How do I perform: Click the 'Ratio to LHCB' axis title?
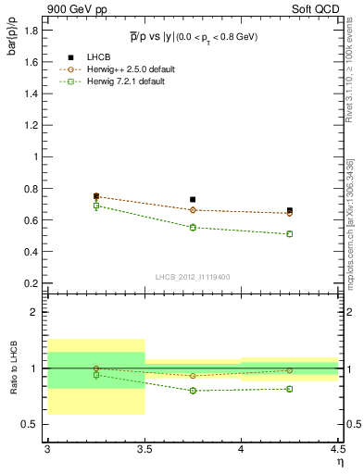click(x=12, y=368)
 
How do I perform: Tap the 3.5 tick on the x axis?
click(x=144, y=449)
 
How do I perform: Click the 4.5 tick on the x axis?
click(x=338, y=449)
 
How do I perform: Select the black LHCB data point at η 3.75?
click(x=193, y=199)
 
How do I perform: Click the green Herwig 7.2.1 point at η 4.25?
click(x=290, y=234)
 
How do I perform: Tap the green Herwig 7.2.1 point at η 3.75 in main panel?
click(x=193, y=227)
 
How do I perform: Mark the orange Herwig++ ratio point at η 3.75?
click(x=193, y=376)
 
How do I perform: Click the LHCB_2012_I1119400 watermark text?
click(x=193, y=277)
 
